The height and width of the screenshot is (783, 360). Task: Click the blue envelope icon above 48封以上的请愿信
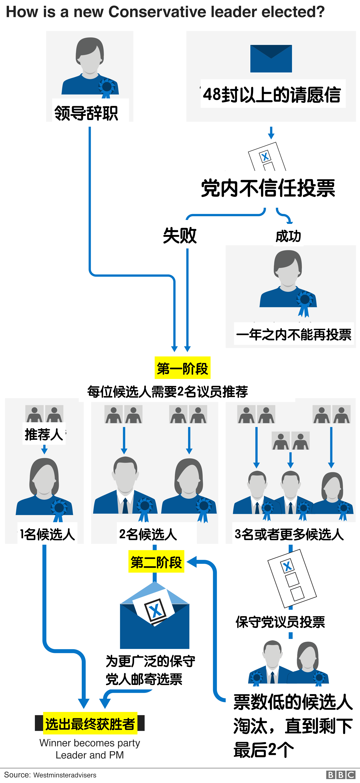point(271,59)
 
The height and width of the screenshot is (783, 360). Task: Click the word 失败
point(180,235)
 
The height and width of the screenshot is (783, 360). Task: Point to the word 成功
point(288,236)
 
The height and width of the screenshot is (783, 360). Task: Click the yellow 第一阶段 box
point(182,368)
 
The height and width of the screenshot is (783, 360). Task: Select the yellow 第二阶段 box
point(156,562)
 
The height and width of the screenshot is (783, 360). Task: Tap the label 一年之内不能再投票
point(294,334)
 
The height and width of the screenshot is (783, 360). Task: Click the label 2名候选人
point(148,534)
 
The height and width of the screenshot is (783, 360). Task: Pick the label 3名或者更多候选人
point(289,534)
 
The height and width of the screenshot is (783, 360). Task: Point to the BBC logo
point(340,775)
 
